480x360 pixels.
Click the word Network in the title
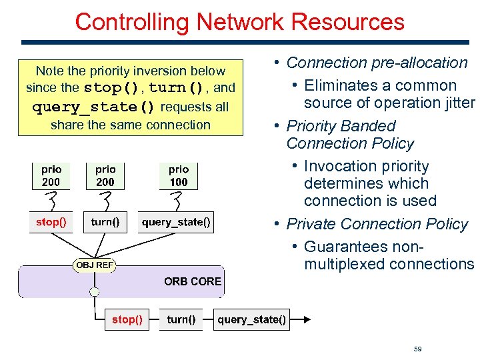pos(240,22)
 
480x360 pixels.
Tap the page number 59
pos(417,349)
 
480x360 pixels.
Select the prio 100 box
pos(179,176)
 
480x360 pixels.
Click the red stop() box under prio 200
pos(51,222)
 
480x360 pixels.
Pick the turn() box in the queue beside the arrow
pos(181,319)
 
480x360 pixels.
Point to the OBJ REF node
pos(94,265)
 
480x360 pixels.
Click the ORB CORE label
pos(193,281)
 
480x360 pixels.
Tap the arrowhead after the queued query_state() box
pos(307,319)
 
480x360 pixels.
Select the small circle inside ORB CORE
pos(94,292)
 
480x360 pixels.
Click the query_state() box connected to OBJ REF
pos(176,222)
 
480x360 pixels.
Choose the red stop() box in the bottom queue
pos(127,319)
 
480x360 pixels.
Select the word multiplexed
pos(345,265)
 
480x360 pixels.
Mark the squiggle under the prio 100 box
pos(177,201)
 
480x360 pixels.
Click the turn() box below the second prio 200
pos(105,222)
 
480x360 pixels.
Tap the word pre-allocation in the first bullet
pos(419,63)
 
